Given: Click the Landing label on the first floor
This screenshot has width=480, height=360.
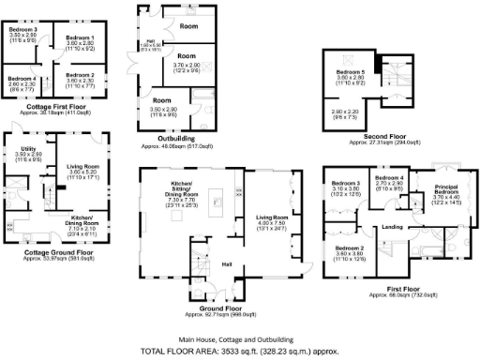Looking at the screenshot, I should (x=392, y=228).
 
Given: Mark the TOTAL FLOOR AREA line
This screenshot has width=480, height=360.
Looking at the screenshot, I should (x=239, y=351).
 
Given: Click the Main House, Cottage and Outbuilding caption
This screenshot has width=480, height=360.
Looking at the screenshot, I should (x=240, y=338).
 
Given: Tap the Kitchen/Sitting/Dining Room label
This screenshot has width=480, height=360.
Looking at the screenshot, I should (x=181, y=187).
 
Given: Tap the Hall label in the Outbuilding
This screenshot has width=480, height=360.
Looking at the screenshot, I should (x=148, y=40).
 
